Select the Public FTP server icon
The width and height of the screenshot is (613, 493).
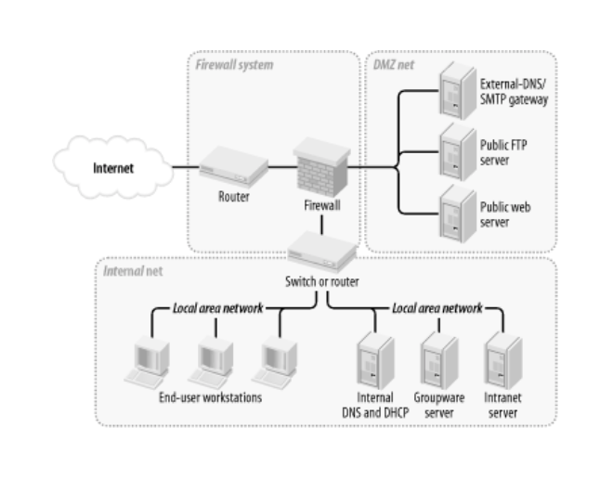click(451, 149)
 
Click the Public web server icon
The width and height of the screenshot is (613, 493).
click(451, 207)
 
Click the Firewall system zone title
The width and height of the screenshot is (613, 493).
click(228, 63)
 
